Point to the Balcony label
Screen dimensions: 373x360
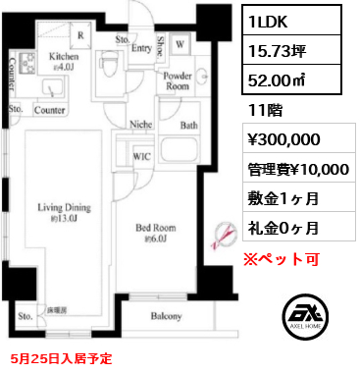[x=167, y=316]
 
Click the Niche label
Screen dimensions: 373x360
[x=141, y=125]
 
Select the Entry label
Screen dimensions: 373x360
[x=140, y=46]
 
